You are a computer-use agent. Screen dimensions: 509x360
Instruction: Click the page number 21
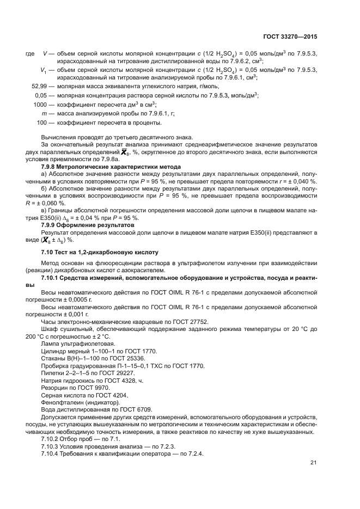[x=313, y=462]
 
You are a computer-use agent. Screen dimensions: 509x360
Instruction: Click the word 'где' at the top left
[x=30, y=53]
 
